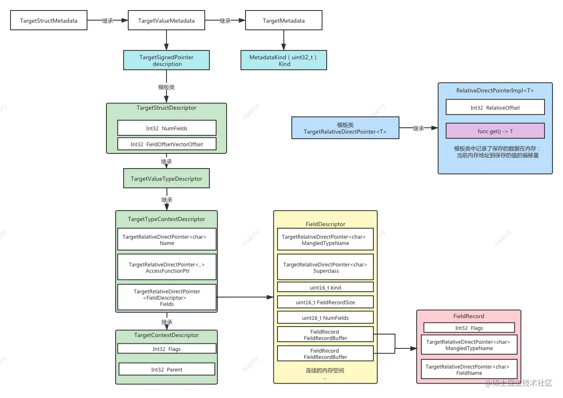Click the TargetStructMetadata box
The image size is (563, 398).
tap(49, 21)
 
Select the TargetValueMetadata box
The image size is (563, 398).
tap(167, 21)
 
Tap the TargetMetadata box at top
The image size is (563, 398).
tap(283, 21)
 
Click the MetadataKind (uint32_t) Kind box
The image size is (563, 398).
tap(283, 61)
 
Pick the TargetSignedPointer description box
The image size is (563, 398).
tap(167, 61)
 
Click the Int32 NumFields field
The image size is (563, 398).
tap(167, 128)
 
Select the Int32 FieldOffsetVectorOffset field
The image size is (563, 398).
tap(167, 144)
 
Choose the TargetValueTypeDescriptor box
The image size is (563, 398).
tap(167, 179)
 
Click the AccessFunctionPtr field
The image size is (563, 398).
tap(167, 267)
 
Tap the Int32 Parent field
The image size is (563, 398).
tap(167, 369)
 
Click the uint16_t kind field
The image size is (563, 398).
tap(325, 287)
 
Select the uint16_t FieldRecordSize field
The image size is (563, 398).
tap(325, 302)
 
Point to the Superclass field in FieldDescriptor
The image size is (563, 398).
tap(325, 267)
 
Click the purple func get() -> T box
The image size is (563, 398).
tap(495, 131)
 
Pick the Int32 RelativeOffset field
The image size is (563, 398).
tap(495, 108)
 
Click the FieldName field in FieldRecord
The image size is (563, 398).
tap(469, 369)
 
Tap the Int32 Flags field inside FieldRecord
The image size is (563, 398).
tap(469, 328)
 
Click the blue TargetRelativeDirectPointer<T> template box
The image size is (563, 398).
tap(345, 128)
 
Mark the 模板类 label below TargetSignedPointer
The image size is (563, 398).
tap(167, 87)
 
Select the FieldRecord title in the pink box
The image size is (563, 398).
tap(468, 316)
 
